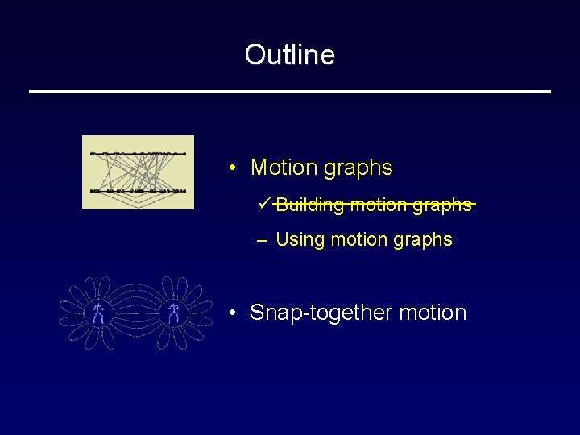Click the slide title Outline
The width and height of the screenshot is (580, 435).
coord(290,55)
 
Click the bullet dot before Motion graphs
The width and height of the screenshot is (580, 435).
coord(231,168)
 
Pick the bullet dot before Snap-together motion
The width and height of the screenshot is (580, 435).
coord(231,313)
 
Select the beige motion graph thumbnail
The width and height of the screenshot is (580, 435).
coord(138,172)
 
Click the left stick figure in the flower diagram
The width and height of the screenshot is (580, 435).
coord(97,313)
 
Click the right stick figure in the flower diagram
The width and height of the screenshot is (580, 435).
coord(174,313)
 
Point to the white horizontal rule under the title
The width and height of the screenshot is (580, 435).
coord(290,92)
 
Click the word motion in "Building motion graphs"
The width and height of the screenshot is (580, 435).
coord(379,205)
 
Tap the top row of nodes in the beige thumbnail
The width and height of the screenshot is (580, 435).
coord(139,153)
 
